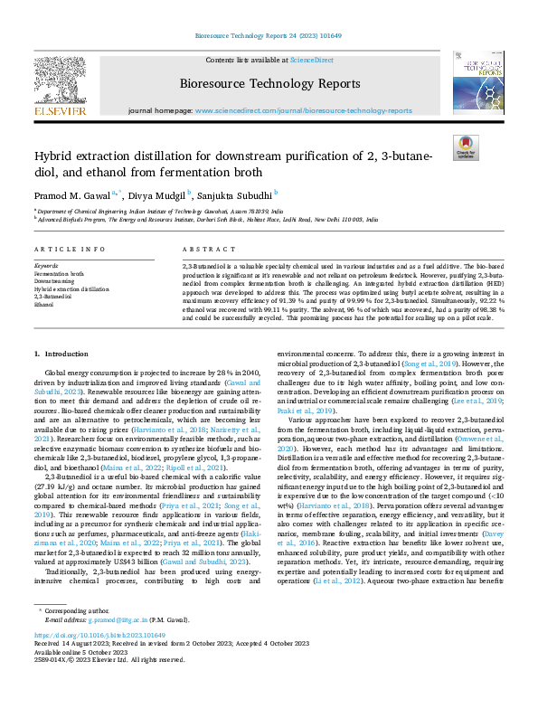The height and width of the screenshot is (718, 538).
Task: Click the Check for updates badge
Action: [465, 147]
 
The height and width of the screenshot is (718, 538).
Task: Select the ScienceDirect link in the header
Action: [311, 60]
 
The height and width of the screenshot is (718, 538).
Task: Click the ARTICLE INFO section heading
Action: [62, 248]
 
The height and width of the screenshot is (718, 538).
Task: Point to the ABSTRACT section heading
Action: [203, 248]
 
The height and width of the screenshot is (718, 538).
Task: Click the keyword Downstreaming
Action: [54, 281]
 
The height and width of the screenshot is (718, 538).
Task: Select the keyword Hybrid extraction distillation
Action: [71, 288]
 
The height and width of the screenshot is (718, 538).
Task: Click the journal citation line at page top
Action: [269, 38]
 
